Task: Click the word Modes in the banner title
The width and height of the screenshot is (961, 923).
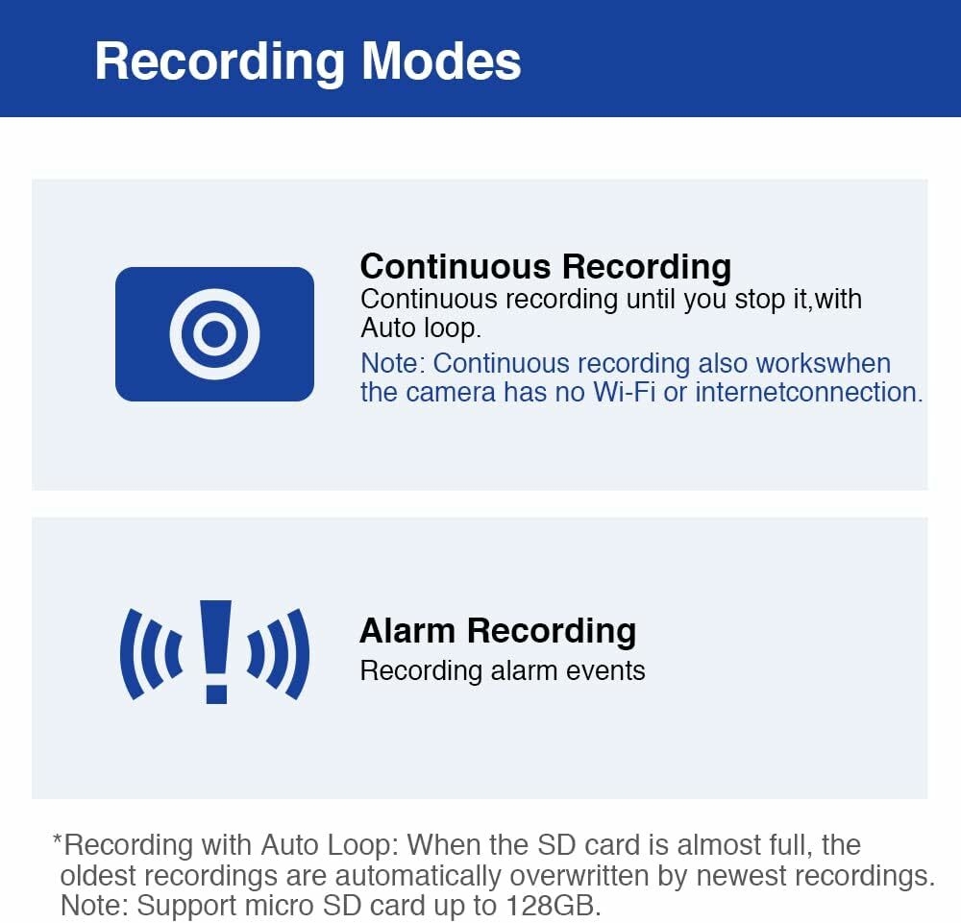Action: click(441, 61)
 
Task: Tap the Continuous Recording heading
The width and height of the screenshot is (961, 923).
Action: click(546, 268)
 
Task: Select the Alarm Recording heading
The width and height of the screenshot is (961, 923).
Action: click(498, 631)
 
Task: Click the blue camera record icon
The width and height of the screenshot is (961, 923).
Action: click(214, 334)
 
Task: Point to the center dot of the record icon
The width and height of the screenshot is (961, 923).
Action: click(214, 334)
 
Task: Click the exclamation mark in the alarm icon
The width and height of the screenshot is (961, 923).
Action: click(215, 652)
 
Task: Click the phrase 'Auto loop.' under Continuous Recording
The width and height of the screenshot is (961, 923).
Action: click(421, 328)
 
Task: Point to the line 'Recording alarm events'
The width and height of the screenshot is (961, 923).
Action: click(503, 671)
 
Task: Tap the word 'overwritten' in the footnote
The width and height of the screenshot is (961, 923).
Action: click(579, 876)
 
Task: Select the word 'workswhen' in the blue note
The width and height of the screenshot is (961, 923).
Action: click(824, 364)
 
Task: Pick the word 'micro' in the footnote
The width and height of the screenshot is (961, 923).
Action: click(279, 906)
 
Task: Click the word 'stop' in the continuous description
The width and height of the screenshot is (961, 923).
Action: click(759, 301)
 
